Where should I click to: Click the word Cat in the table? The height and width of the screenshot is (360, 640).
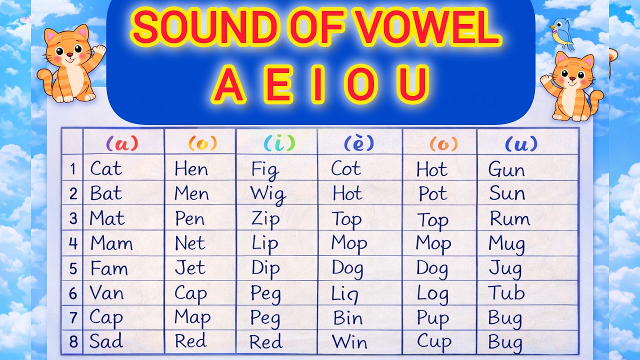pos(105,169)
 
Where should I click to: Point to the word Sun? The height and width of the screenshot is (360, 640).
pos(507,193)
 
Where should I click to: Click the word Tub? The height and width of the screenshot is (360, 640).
pos(506,292)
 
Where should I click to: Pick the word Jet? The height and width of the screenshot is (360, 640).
pos(190,268)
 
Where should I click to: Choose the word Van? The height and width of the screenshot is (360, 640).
pos(106,292)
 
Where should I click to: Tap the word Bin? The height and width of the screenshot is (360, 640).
pos(347,317)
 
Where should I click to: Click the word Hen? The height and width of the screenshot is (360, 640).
pos(191,169)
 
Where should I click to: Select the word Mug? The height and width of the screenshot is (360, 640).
pos(506,244)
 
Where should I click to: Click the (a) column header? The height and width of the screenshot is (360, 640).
pos(122,144)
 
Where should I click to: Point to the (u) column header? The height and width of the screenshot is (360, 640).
pos(521,144)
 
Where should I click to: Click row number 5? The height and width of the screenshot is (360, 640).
pos(73,269)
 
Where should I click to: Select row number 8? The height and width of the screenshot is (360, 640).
pos(73,342)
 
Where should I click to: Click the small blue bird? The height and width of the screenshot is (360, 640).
pos(562,32)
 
